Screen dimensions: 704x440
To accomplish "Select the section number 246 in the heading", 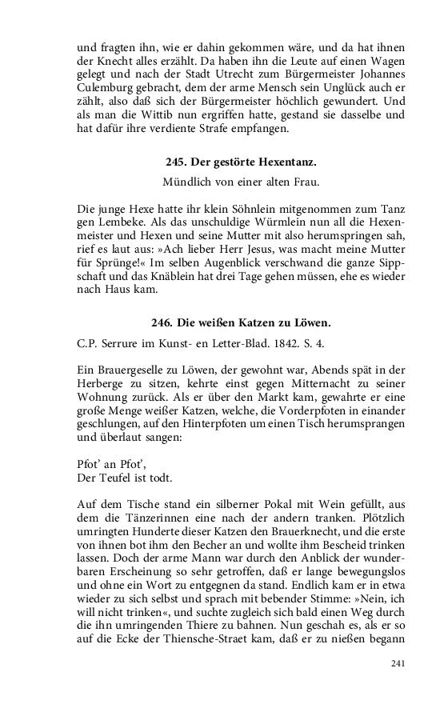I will (x=162, y=322).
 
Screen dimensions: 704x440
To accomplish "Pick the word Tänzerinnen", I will (x=147, y=518).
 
